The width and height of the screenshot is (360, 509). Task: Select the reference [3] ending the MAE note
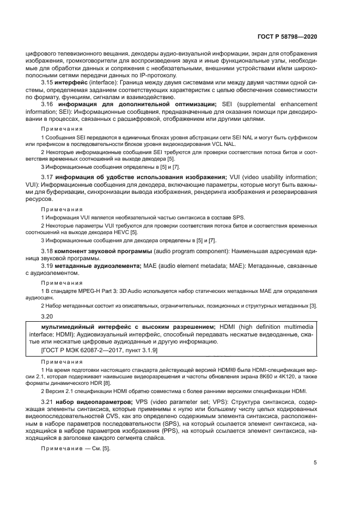click(x=314, y=306)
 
